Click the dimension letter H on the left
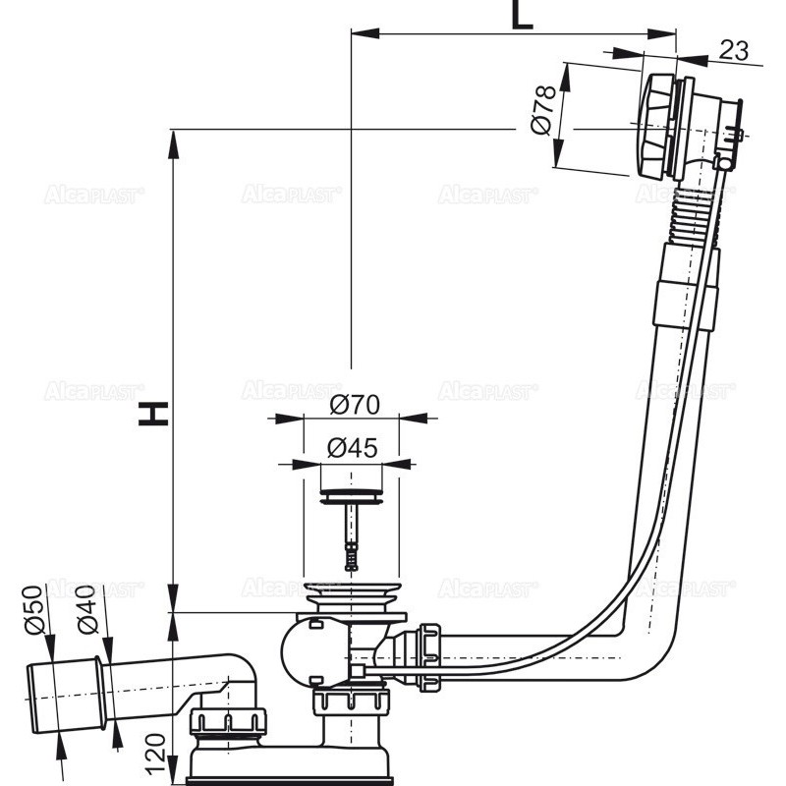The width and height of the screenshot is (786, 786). [x=153, y=414]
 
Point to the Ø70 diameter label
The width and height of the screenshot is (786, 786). [x=355, y=403]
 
